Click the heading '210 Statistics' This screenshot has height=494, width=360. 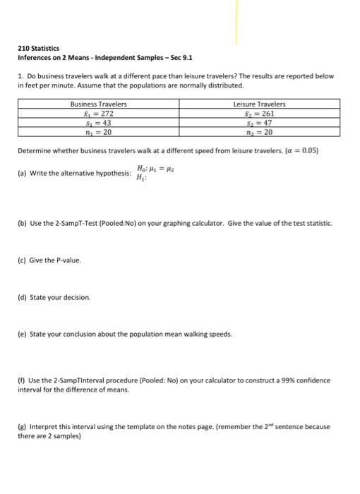coord(39,48)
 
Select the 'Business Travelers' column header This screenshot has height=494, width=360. coord(98,104)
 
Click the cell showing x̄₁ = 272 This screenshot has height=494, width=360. coord(98,113)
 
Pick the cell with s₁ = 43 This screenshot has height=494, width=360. coord(98,121)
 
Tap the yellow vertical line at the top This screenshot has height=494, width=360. coord(236,25)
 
